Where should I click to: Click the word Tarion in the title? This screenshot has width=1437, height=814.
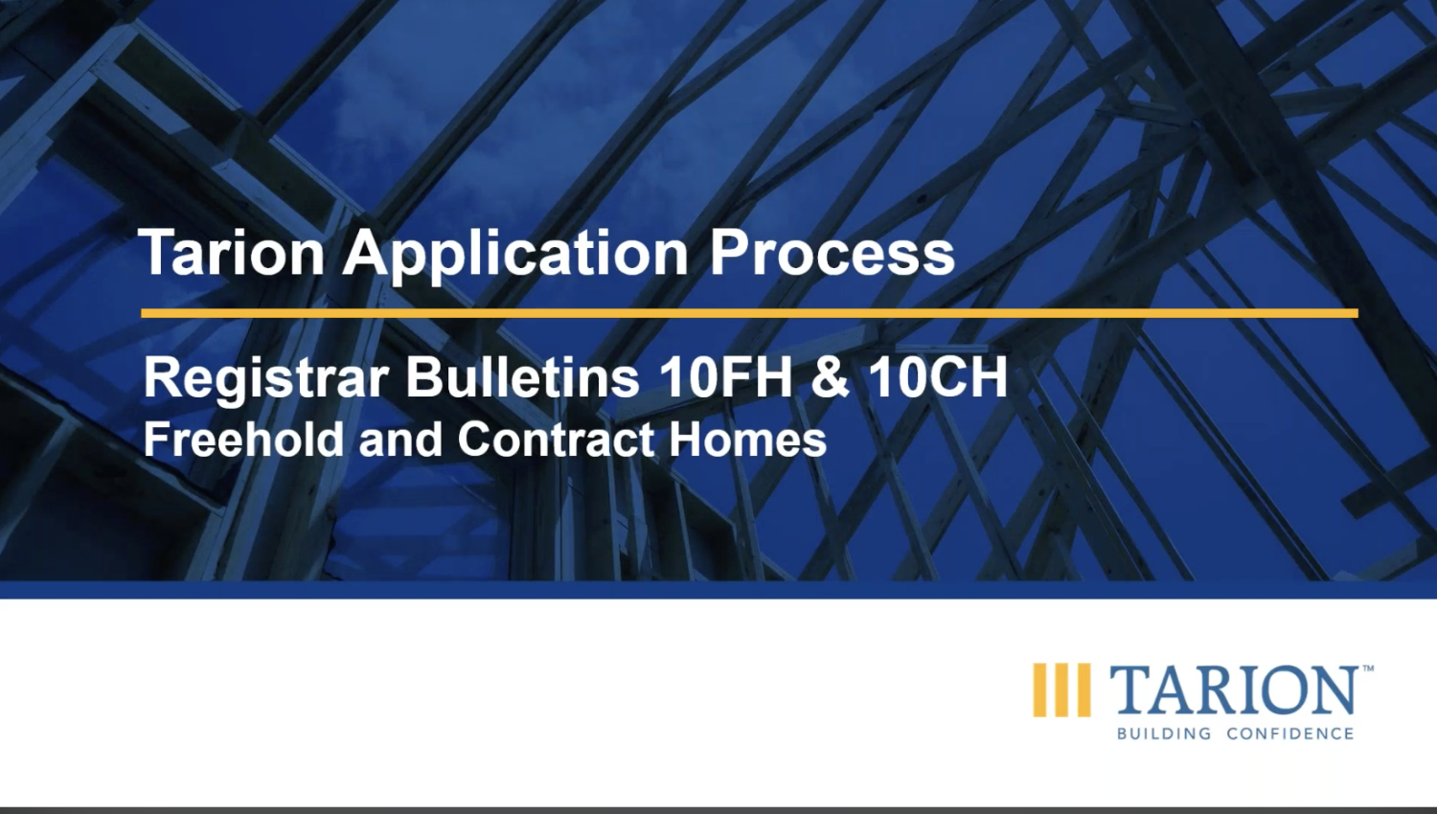click(233, 253)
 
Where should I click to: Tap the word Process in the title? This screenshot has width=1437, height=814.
click(832, 253)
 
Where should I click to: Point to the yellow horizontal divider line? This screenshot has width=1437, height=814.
click(749, 313)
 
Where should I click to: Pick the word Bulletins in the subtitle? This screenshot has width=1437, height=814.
click(522, 376)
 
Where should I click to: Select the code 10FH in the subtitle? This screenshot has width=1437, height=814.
click(726, 376)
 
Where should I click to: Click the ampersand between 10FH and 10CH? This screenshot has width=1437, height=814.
click(830, 376)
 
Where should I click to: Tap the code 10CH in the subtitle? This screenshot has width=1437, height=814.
click(938, 376)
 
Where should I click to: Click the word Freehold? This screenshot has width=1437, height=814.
click(243, 440)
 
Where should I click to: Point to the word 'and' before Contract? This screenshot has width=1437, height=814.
click(399, 440)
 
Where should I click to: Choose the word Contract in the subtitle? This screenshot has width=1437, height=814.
click(555, 440)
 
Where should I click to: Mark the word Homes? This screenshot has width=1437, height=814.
click(747, 440)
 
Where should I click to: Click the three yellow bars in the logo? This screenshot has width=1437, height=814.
click(1061, 690)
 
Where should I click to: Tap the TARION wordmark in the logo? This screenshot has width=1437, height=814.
click(1234, 690)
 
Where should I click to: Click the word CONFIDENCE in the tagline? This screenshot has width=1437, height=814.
click(1290, 734)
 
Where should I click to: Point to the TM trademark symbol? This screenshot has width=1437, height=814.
click(1368, 668)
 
